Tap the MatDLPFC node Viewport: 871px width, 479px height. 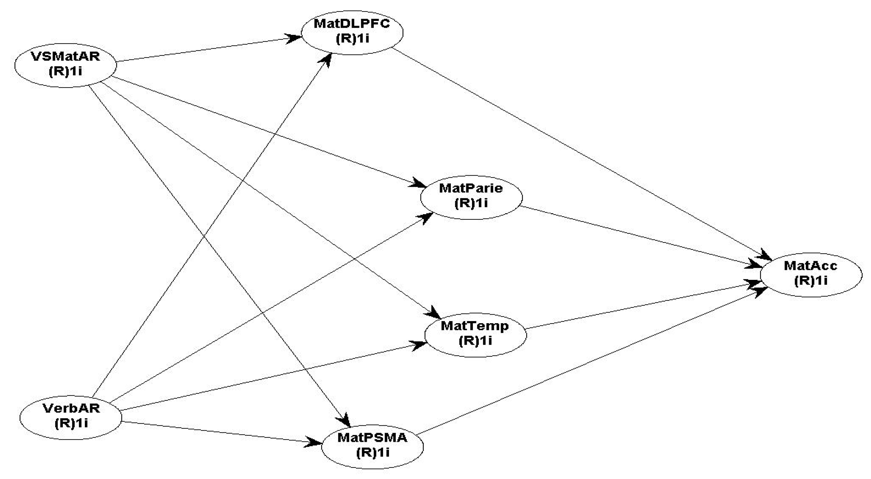tap(352, 32)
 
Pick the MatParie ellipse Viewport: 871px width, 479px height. tap(471, 196)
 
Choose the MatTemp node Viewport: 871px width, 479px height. tap(475, 334)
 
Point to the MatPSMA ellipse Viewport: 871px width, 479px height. tap(372, 446)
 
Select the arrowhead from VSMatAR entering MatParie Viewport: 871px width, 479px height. tap(420, 185)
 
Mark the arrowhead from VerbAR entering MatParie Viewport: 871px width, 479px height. tap(427, 216)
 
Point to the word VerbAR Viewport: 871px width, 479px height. tap(71, 408)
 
